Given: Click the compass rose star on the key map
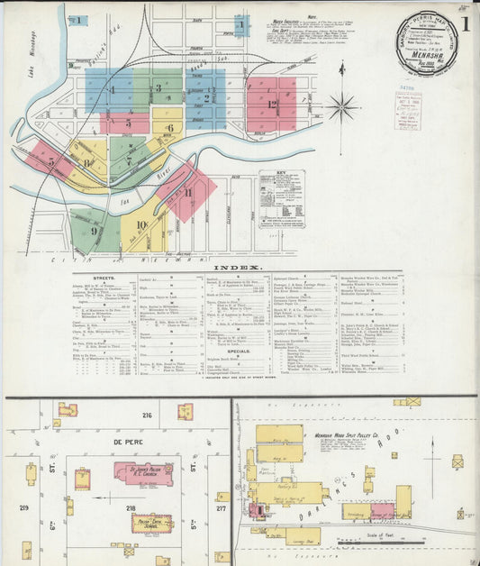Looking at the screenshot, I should click(341, 107).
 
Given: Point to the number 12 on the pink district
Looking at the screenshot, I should click(271, 104).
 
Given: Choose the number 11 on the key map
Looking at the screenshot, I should click(188, 192).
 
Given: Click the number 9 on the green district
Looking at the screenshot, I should click(94, 230).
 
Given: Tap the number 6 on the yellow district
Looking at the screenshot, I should click(169, 128).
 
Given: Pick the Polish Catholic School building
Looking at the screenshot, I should click(152, 524).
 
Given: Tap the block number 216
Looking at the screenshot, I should click(147, 415).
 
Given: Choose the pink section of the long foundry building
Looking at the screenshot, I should click(382, 511).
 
